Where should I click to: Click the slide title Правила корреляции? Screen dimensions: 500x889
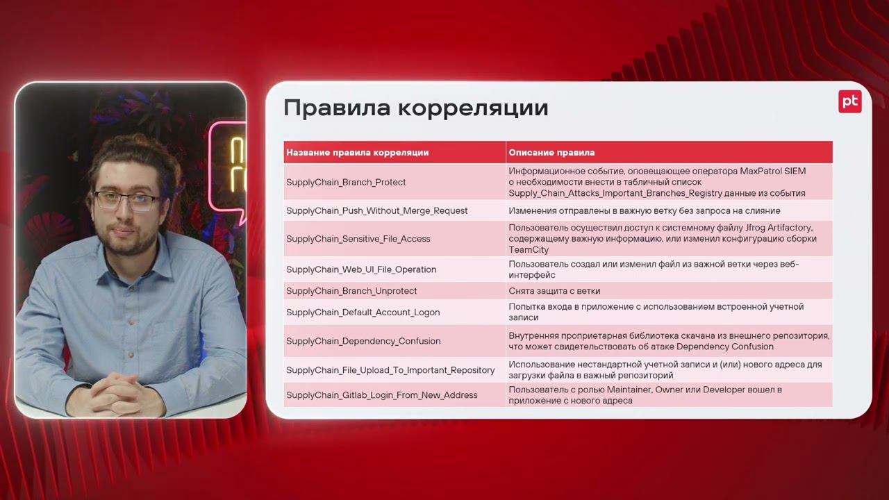415,108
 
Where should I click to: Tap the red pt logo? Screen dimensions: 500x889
849,101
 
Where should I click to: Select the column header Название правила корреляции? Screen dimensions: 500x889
357,152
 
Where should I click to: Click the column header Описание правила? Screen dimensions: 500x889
551,152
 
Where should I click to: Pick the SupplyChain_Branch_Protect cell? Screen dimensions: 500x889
346,182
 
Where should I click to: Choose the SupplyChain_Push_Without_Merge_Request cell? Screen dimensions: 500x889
376,210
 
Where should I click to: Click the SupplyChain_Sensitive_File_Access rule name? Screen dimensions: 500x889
358,239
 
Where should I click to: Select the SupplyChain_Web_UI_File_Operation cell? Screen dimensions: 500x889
361,269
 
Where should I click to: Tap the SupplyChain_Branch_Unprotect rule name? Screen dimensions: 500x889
351,291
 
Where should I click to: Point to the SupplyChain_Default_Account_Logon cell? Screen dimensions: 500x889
363,312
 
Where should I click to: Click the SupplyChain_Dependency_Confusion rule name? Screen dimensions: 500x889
363,341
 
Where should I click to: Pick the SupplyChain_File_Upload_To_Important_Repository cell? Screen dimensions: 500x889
390,370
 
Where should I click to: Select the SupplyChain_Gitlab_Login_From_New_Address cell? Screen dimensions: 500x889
381,395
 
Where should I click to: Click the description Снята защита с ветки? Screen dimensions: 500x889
554,291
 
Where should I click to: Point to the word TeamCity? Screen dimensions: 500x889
529,249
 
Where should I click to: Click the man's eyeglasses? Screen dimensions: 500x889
127,201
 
